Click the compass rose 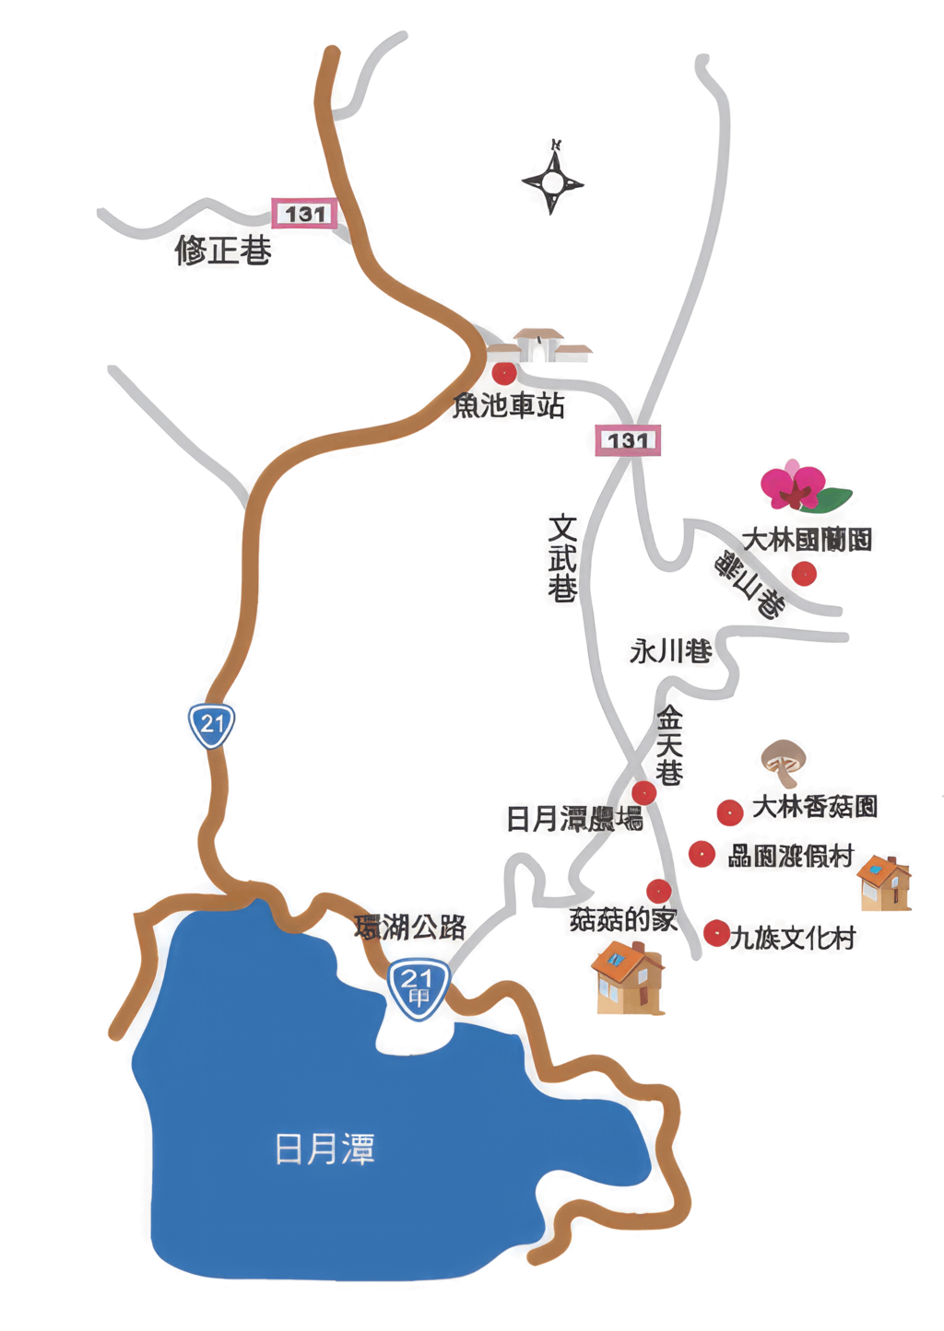(x=552, y=181)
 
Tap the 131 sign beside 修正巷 (x=304, y=214)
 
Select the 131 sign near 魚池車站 (x=628, y=440)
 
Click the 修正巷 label (x=223, y=250)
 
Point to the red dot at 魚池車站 (x=504, y=373)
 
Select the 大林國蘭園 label (x=807, y=539)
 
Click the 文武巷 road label (x=562, y=558)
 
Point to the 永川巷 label (x=670, y=651)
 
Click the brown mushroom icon (x=784, y=761)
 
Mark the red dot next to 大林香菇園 (x=730, y=812)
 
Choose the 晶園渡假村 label (x=791, y=856)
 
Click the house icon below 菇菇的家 (x=628, y=978)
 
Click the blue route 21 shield (x=212, y=725)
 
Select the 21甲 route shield (x=419, y=988)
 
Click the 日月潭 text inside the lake (x=324, y=1150)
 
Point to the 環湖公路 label (x=410, y=927)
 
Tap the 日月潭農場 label (x=573, y=818)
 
